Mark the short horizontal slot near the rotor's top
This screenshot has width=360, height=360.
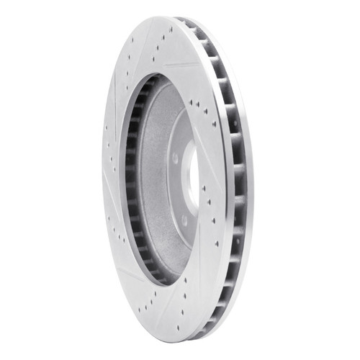point(184,66)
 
